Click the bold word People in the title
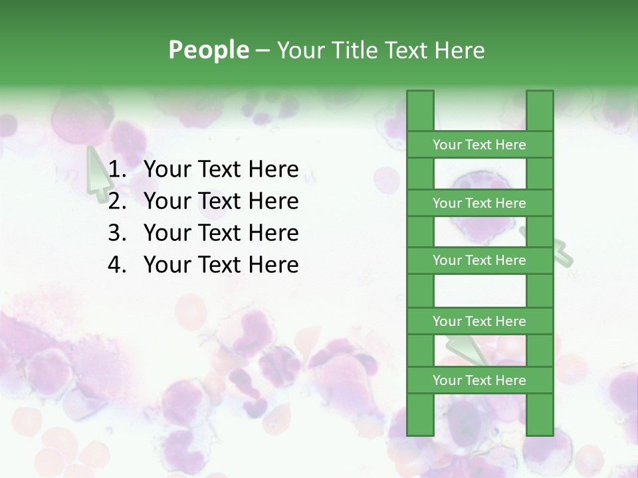(208, 50)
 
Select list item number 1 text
(221, 169)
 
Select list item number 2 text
(221, 200)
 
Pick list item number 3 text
(221, 232)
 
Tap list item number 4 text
(221, 264)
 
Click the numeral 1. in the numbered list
(117, 169)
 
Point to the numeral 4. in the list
(117, 264)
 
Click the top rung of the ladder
(479, 145)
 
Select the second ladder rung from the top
(479, 203)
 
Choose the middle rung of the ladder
(479, 260)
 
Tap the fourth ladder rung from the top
(479, 321)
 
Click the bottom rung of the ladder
(479, 380)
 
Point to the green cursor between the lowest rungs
(469, 351)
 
